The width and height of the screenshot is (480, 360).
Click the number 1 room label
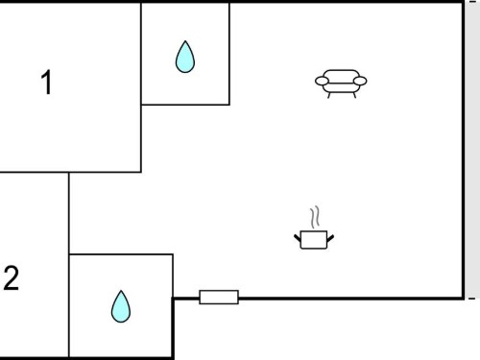[x=47, y=83]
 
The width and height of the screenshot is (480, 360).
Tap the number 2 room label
[x=12, y=278]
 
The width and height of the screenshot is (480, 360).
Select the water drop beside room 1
[x=185, y=57]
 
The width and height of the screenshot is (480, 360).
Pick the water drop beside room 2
[x=121, y=306]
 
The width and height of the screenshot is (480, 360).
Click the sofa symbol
[x=341, y=84]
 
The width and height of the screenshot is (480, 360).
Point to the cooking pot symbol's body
[x=314, y=240]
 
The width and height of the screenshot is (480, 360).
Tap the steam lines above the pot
[x=315, y=217]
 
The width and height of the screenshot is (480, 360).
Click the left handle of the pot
[x=298, y=238]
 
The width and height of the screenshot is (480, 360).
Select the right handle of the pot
[x=330, y=238]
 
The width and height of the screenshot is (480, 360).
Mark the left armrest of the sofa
[x=322, y=81]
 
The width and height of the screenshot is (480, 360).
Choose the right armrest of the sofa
[x=360, y=81]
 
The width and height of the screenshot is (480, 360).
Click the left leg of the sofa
[x=329, y=95]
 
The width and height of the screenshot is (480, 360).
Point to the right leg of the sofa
[x=354, y=95]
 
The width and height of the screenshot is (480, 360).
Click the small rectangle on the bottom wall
[x=219, y=297]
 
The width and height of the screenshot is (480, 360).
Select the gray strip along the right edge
[x=473, y=150]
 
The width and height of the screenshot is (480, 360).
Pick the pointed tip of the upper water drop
[x=185, y=41]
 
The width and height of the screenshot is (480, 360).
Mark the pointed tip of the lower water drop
[x=121, y=291]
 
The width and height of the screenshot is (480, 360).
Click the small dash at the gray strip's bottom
[x=471, y=299]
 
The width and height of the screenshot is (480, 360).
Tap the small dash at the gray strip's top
[x=472, y=2]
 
